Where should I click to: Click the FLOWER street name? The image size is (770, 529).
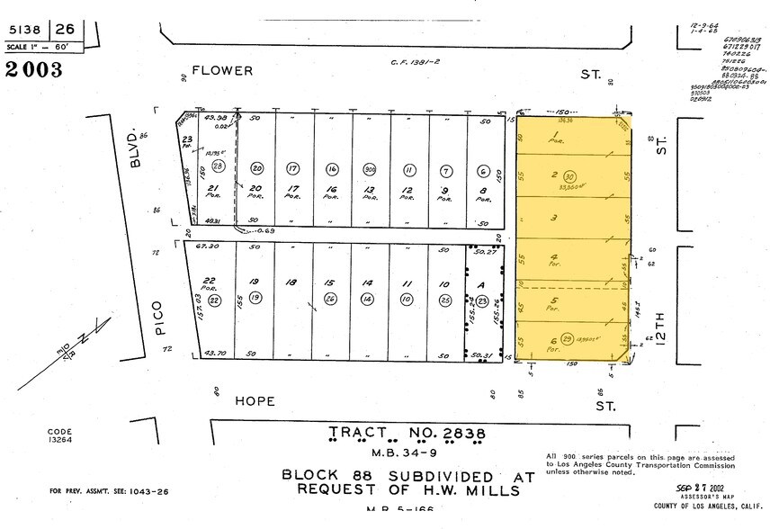(x=222, y=70)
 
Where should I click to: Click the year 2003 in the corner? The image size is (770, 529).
(x=34, y=69)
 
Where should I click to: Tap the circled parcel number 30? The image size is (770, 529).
(x=569, y=175)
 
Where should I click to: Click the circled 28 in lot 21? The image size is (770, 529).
(x=217, y=167)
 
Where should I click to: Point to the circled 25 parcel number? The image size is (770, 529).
(x=443, y=299)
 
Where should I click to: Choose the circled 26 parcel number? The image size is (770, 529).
(x=331, y=299)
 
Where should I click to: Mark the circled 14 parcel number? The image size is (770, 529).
(x=368, y=299)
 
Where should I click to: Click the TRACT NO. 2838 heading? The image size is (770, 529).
(x=407, y=435)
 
